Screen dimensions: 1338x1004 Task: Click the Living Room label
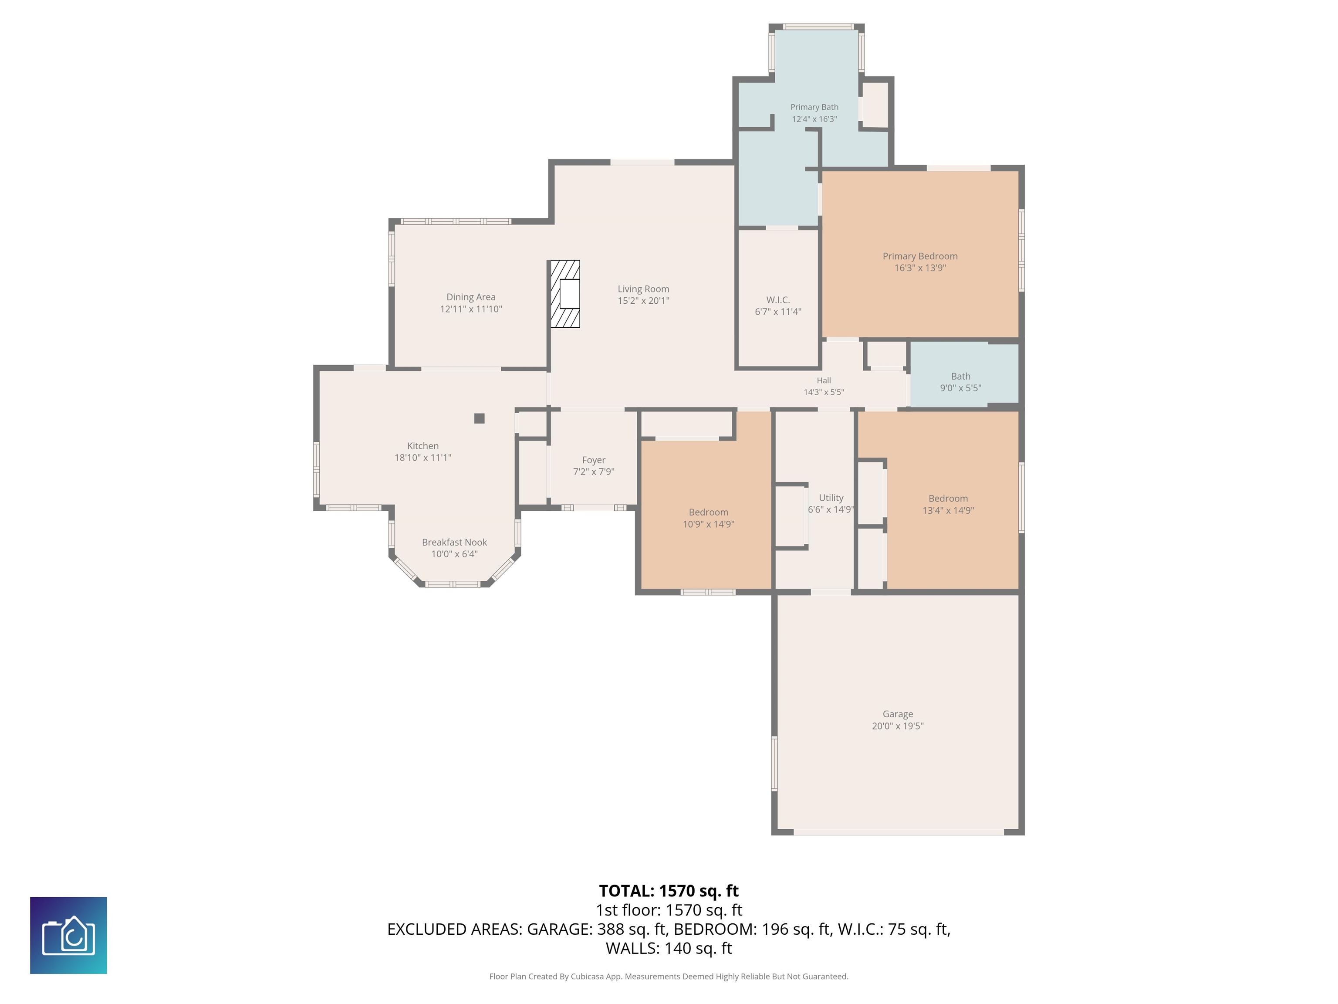pos(643,289)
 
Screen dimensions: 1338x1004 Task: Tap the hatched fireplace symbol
pos(564,294)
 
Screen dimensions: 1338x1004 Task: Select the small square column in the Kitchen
pos(479,418)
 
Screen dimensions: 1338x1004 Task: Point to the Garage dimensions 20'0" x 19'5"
pos(898,726)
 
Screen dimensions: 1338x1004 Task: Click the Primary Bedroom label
pos(920,256)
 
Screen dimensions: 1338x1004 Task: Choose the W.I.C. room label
pos(778,300)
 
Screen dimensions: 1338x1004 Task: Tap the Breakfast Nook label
pos(454,542)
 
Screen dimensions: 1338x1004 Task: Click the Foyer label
pos(593,460)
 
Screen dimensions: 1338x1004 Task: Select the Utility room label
pos(831,498)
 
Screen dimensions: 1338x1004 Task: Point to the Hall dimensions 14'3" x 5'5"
pos(824,392)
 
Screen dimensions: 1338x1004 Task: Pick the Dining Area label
pos(470,297)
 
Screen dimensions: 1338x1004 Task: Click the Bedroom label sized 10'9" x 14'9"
pos(708,512)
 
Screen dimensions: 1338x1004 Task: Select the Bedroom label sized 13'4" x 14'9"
pos(948,499)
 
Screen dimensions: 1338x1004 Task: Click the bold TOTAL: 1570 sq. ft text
pos(669,891)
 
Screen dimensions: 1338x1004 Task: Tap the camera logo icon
pos(68,936)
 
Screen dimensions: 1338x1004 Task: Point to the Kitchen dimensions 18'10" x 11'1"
pos(423,458)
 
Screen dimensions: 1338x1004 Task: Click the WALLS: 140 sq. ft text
pos(669,948)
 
